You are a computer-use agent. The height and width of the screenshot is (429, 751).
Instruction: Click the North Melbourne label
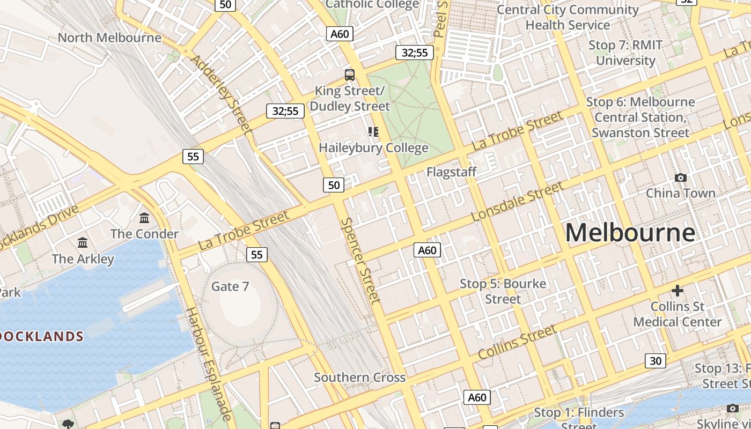pos(109,38)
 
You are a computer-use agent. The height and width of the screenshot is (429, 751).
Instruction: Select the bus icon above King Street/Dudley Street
pos(350,75)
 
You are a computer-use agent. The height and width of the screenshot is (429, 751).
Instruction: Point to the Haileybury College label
pos(373,147)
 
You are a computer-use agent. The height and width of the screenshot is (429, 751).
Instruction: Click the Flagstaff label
pos(452,172)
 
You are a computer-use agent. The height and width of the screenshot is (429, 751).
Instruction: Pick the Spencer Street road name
pos(360,260)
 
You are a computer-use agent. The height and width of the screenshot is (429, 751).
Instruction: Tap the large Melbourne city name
pos(630,233)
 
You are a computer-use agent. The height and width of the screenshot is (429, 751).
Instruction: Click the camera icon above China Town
pos(681,177)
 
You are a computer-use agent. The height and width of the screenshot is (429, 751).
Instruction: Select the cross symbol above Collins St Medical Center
pos(678,291)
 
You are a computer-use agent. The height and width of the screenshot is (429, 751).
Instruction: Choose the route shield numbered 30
pos(656,361)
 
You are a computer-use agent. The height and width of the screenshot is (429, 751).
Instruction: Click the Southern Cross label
pos(359,378)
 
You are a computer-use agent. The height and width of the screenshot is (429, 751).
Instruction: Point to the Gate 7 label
pos(230,286)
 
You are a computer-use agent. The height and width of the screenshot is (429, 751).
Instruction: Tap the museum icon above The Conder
pos(144,218)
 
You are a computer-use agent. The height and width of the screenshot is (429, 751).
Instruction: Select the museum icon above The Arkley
pos(83,243)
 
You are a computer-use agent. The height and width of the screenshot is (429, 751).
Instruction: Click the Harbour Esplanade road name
pos(209,364)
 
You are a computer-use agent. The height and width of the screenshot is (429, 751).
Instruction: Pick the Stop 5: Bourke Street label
pos(503,291)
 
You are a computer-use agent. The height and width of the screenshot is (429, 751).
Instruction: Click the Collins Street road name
pos(517,343)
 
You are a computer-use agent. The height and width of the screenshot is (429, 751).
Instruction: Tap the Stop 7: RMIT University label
pos(625,53)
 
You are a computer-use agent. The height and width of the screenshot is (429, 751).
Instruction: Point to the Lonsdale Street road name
pos(517,202)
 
